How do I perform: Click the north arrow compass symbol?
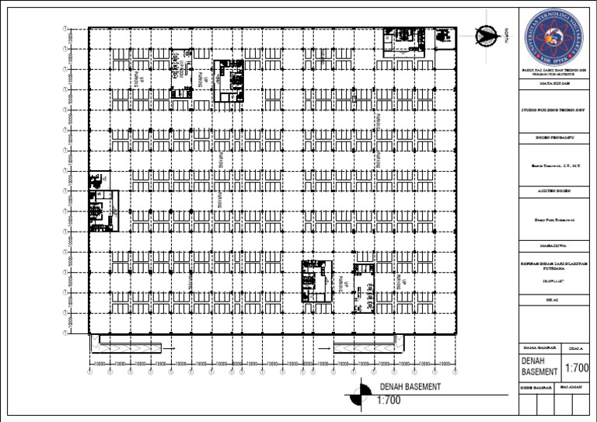488,34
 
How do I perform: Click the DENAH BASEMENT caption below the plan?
410,386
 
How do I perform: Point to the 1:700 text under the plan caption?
388,401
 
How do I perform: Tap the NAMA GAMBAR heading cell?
536,347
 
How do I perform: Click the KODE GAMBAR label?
536,386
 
